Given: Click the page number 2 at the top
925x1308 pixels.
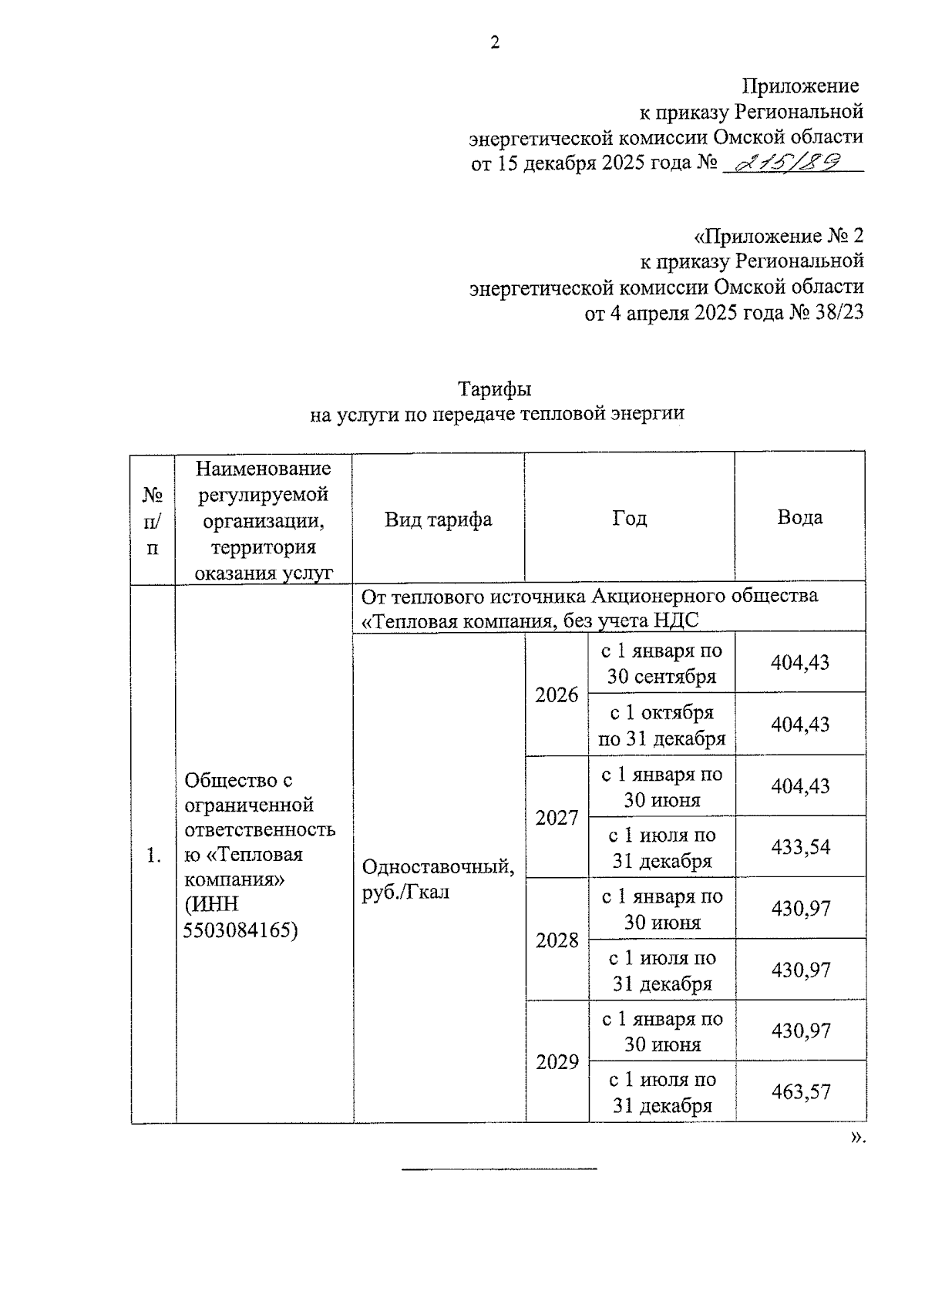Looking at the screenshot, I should pyautogui.click(x=495, y=42).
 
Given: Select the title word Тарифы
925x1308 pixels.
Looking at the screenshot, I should pyautogui.click(x=495, y=388).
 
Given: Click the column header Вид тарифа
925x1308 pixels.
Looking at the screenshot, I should pyautogui.click(x=438, y=519).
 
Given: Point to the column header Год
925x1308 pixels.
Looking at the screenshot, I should pyautogui.click(x=629, y=518).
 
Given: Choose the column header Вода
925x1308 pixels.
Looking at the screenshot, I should pyautogui.click(x=799, y=517).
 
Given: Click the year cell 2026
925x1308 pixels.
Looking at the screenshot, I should pyautogui.click(x=557, y=695).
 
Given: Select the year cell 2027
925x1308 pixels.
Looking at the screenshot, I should pyautogui.click(x=557, y=818).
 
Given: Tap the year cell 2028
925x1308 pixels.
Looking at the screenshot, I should pyautogui.click(x=557, y=940).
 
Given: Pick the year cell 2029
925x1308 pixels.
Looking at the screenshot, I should pyautogui.click(x=557, y=1062).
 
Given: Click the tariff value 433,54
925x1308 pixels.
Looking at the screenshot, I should pyautogui.click(x=801, y=847).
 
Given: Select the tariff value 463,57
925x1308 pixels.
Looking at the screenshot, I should pyautogui.click(x=801, y=1091).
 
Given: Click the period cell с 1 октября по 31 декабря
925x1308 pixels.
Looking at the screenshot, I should pyautogui.click(x=661, y=725).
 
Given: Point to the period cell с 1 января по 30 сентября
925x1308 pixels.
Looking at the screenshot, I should pyautogui.click(x=661, y=664).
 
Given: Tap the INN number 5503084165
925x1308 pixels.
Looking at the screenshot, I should pyautogui.click(x=240, y=930).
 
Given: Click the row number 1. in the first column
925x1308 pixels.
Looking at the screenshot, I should pyautogui.click(x=153, y=855).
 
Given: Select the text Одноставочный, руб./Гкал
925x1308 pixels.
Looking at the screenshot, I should pyautogui.click(x=437, y=879).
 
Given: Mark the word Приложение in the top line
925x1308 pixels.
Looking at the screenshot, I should pyautogui.click(x=800, y=86).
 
